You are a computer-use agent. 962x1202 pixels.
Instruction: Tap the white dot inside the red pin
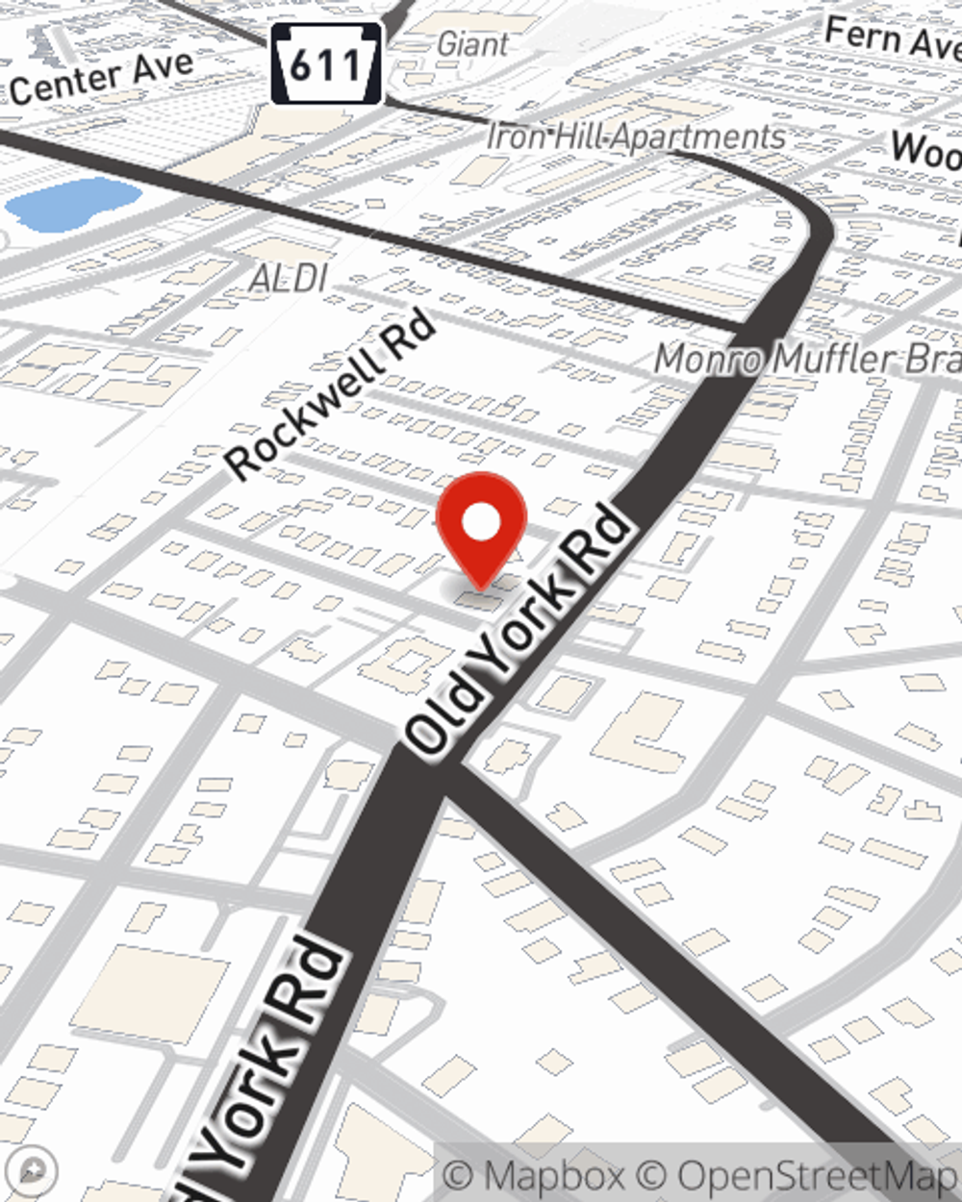482,523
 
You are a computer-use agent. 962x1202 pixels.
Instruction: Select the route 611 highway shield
327,63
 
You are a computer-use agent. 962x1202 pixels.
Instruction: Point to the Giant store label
472,44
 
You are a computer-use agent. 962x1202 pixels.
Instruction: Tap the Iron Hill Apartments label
636,138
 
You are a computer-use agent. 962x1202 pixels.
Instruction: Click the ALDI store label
289,279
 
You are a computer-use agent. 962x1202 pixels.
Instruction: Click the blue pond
72,202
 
